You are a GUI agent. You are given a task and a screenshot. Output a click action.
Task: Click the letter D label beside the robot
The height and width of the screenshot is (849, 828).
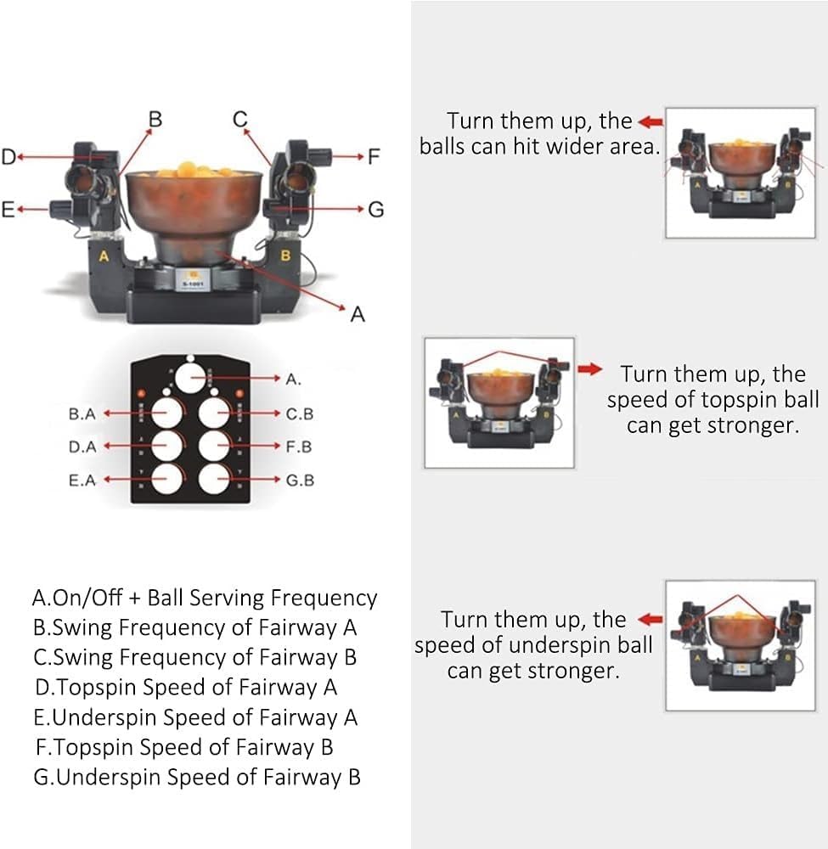(x=8, y=156)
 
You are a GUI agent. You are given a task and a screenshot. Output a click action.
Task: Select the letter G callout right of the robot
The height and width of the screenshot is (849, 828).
(x=376, y=208)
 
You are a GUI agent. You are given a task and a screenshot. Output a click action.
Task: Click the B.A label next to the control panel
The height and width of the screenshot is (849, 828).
(x=82, y=414)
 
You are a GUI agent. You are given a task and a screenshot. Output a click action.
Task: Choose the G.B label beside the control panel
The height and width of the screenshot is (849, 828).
(x=300, y=480)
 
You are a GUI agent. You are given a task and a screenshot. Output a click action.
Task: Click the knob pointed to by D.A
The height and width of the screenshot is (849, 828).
(x=167, y=447)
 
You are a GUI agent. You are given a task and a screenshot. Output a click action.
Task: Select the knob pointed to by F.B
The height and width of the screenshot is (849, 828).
(x=214, y=447)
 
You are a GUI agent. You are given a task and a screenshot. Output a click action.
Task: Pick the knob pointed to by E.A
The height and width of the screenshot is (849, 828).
(x=167, y=479)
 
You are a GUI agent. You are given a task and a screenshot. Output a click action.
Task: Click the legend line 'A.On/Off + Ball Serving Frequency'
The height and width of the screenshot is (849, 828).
(x=204, y=598)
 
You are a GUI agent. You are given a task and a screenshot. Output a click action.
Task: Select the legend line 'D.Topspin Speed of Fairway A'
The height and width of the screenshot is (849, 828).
(x=186, y=687)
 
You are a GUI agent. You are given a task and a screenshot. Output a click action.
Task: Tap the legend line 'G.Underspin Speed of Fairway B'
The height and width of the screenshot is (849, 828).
(x=197, y=776)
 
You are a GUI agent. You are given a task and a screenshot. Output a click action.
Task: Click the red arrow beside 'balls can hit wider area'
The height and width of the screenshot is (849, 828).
(x=650, y=121)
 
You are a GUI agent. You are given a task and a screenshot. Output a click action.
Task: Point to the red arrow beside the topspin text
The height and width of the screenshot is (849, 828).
(x=590, y=369)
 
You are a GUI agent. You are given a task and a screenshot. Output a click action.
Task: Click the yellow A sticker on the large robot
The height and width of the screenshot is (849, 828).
(x=104, y=256)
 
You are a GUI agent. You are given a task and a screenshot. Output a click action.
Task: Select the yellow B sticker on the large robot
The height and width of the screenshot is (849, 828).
(x=286, y=255)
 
